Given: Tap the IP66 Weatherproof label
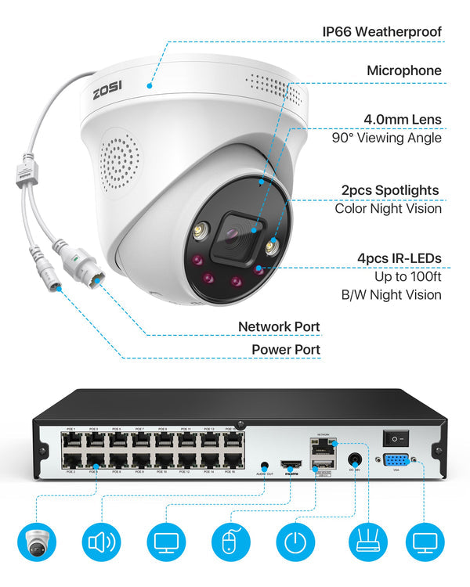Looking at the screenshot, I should tap(382, 32).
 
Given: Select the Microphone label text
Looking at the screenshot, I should tap(403, 70).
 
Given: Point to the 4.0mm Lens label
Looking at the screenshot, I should tap(402, 120).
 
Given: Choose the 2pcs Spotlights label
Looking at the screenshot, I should tap(390, 189).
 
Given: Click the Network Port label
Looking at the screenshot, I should tap(279, 326).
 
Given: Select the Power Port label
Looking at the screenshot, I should tap(285, 349).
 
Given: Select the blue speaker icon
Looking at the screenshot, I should tap(103, 543).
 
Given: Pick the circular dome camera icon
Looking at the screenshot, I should tap(38, 543).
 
